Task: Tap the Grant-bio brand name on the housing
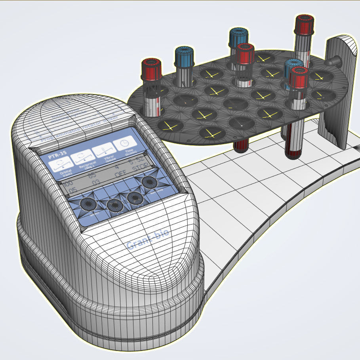(148, 238)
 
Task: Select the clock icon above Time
(124, 143)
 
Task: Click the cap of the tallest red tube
(305, 25)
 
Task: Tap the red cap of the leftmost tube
(152, 68)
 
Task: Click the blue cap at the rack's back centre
(238, 36)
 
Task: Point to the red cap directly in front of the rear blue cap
(245, 52)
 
